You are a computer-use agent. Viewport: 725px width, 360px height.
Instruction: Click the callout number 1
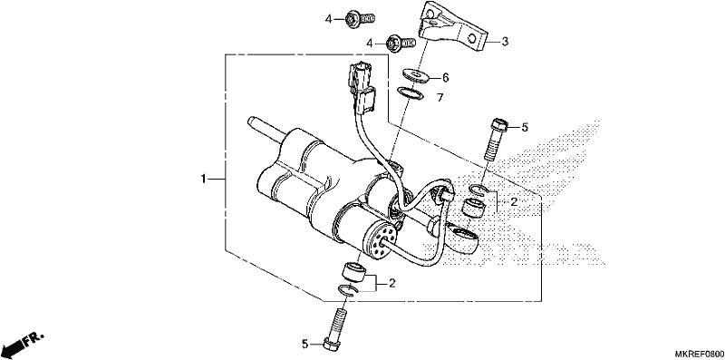[x=203, y=179]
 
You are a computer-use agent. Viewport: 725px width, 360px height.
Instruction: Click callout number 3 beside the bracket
[x=505, y=42]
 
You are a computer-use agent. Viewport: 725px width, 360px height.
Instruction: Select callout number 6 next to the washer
[x=445, y=78]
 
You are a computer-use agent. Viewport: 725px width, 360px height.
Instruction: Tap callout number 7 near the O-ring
[x=440, y=98]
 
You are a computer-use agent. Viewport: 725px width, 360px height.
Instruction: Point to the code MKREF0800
[x=700, y=354]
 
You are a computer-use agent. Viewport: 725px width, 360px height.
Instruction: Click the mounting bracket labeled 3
[x=453, y=27]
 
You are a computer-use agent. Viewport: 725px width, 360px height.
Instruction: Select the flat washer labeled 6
[x=416, y=74]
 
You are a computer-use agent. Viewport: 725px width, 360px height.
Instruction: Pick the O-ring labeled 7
[x=411, y=93]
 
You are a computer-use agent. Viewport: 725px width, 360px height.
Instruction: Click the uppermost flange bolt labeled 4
[x=360, y=18]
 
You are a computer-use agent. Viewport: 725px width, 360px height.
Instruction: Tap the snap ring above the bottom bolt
[x=350, y=290]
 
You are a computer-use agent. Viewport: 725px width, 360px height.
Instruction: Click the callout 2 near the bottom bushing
[x=392, y=283]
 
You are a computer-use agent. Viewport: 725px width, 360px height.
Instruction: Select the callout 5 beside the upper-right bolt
[x=525, y=127]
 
